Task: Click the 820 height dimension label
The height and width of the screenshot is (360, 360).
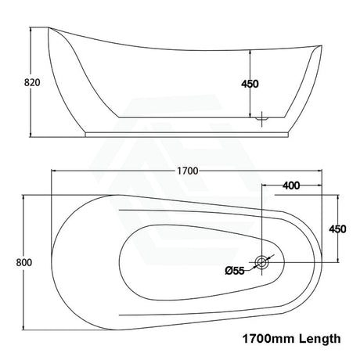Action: tap(32, 83)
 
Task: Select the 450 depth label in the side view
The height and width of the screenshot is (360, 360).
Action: tap(250, 84)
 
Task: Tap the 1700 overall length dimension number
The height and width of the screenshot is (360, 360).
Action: tap(188, 171)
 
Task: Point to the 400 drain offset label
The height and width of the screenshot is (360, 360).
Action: tap(291, 185)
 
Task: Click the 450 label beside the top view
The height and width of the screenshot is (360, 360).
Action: tap(337, 229)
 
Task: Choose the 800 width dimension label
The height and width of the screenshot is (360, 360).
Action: tap(24, 262)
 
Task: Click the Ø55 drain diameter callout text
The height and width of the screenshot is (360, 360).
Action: tap(235, 271)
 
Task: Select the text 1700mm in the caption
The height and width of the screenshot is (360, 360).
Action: tap(269, 339)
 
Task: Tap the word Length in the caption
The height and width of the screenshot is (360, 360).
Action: tap(319, 339)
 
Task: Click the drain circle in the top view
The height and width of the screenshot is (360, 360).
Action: tap(261, 262)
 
